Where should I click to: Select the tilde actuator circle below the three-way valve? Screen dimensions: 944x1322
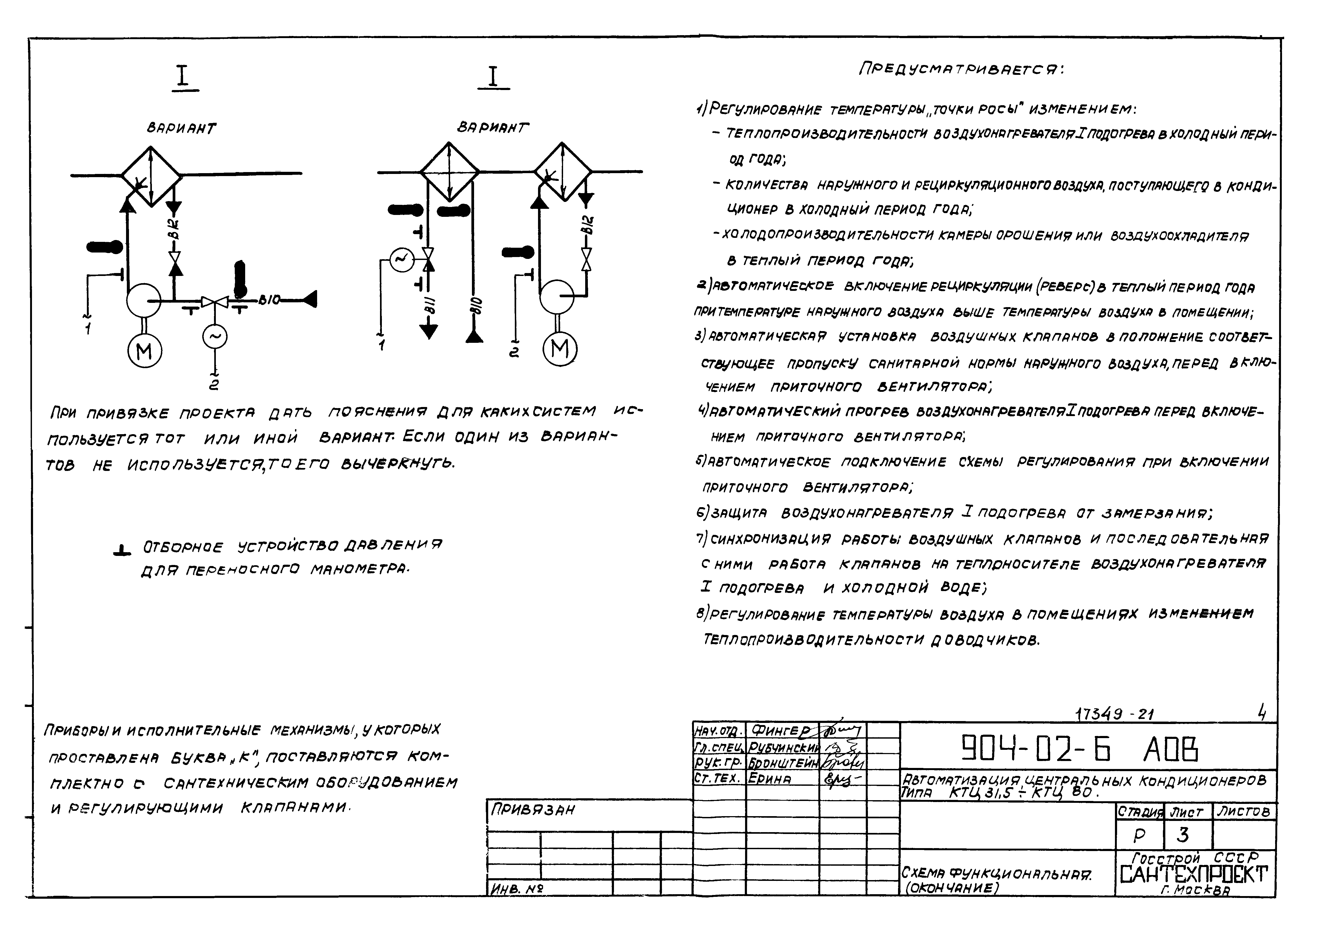[x=215, y=337]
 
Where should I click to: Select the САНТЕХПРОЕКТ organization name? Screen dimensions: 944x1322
[x=1193, y=874]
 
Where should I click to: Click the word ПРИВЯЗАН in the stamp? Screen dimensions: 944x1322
[x=532, y=810]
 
